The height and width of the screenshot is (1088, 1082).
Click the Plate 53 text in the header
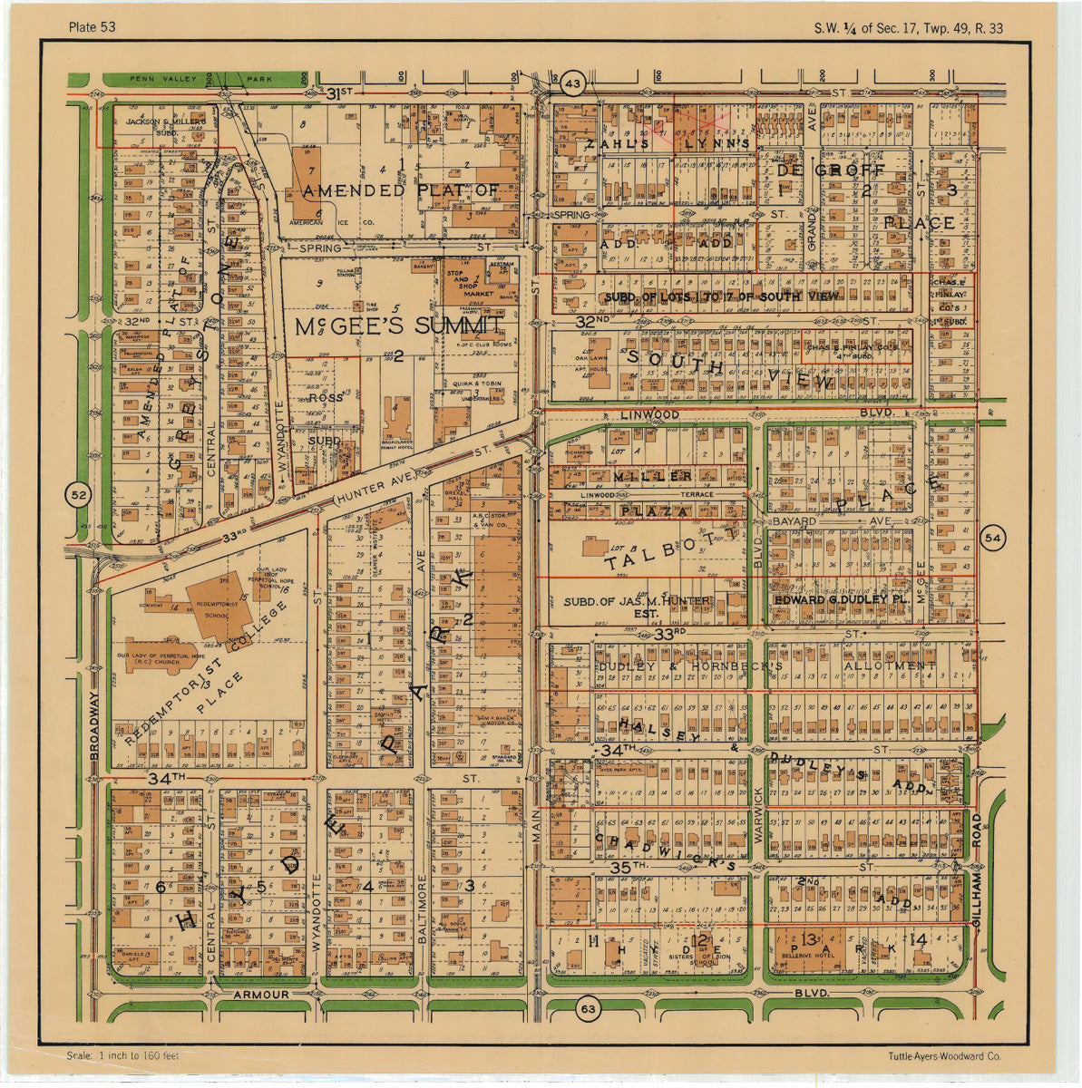click(x=92, y=26)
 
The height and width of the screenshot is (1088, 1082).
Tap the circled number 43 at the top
click(x=571, y=83)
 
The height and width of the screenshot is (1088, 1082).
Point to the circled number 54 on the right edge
click(x=993, y=538)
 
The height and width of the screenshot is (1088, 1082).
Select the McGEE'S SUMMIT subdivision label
click(x=399, y=326)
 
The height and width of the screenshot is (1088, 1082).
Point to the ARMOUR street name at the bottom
click(x=260, y=995)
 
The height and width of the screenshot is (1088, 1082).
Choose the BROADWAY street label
click(x=93, y=725)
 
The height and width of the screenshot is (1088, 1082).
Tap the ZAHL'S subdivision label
click(x=618, y=143)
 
